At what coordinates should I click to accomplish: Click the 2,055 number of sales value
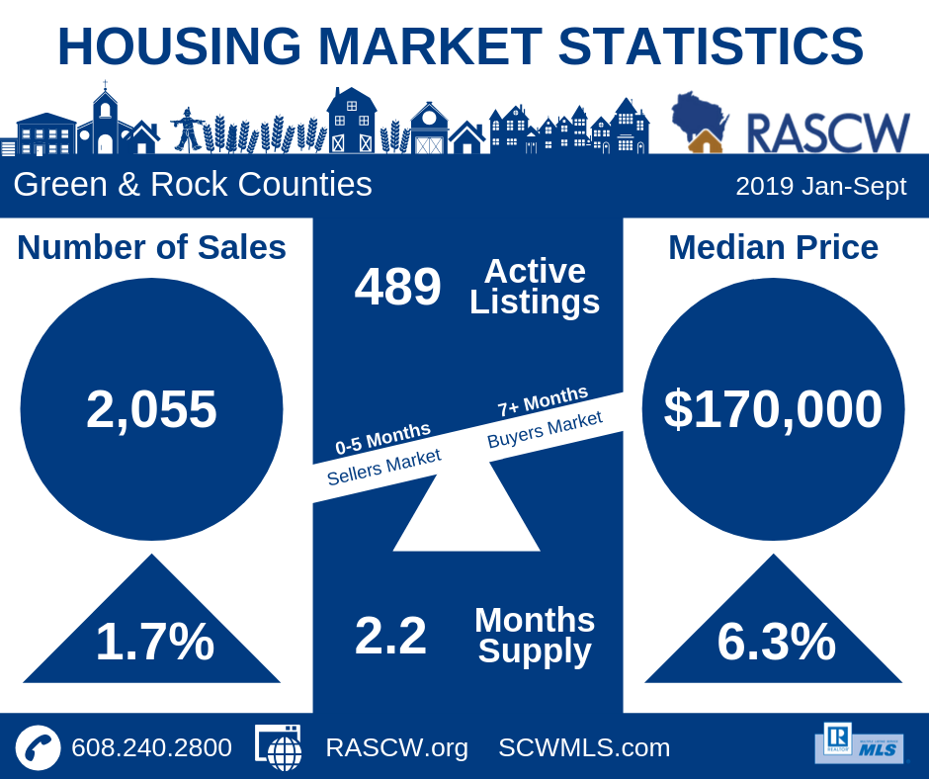151,409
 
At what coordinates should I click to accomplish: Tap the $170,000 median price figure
773,409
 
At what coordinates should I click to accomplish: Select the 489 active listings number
397,287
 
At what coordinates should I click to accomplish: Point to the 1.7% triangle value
154,642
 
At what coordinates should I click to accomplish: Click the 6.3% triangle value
776,642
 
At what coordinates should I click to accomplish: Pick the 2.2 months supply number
390,636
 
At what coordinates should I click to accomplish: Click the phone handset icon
38,747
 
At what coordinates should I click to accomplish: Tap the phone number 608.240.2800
151,747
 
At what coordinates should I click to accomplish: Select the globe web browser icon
280,747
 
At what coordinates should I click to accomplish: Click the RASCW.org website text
396,747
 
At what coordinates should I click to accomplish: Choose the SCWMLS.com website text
584,747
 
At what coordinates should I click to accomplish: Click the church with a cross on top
104,121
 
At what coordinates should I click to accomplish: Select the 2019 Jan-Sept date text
820,186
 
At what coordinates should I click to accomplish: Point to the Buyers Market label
545,429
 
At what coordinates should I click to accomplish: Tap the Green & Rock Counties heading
193,185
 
